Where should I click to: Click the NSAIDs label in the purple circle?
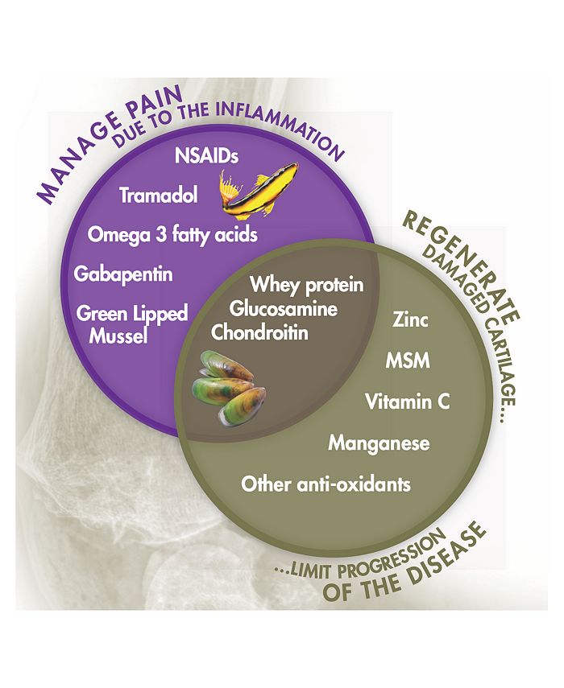coord(206,155)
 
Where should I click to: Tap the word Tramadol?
coord(159,196)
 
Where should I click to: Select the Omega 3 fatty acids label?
coord(172,235)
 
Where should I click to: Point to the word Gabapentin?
coord(123,274)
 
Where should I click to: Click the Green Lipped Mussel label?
coord(132,325)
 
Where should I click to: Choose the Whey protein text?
coord(307,285)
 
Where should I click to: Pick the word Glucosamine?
coord(284,309)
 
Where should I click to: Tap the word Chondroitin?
coord(259,332)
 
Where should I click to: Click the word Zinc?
coord(410,320)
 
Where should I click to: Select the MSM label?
coord(408,360)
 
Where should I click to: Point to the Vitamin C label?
coord(408,402)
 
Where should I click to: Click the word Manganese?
coord(379,443)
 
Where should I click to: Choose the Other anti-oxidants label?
coord(326,484)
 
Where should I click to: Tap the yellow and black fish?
coord(258,190)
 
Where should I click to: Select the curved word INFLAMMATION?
coord(281,126)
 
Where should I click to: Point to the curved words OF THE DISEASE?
coord(404,567)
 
